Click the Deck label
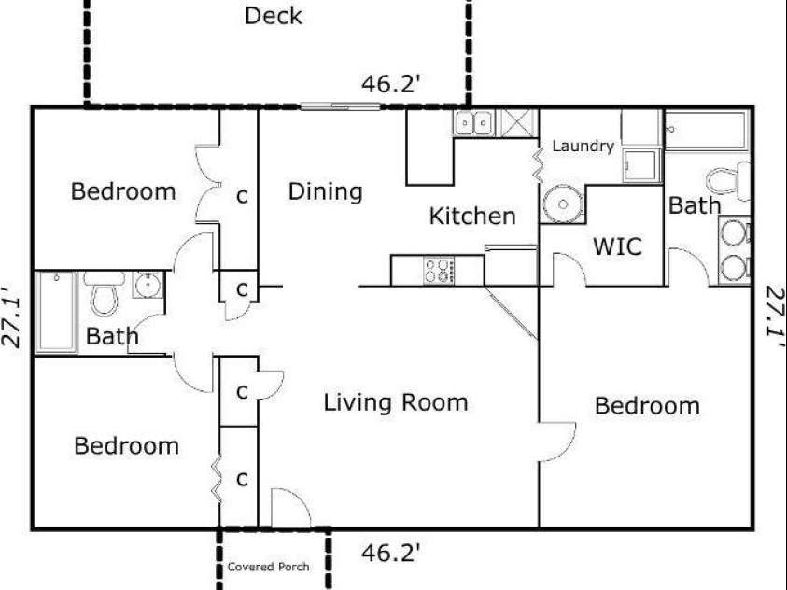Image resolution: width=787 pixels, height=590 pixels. [273, 16]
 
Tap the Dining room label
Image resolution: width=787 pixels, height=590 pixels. [325, 192]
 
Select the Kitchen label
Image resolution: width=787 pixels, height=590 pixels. [472, 217]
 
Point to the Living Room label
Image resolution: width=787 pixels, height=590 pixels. [396, 403]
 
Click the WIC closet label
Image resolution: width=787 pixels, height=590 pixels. [617, 246]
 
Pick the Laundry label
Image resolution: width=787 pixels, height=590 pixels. [583, 146]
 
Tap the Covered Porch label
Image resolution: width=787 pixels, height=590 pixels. [268, 567]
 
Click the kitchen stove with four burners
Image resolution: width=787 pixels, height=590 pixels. [439, 271]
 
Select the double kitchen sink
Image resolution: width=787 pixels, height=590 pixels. [473, 123]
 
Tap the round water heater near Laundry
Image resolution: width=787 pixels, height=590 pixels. [563, 204]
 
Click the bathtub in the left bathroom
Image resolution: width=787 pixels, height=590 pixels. [56, 312]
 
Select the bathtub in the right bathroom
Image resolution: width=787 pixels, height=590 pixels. [707, 130]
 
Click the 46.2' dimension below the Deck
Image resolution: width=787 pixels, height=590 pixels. [390, 84]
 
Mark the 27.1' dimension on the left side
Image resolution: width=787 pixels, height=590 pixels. [11, 317]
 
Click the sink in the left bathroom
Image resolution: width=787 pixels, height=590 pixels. [148, 285]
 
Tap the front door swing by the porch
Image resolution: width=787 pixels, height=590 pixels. [291, 507]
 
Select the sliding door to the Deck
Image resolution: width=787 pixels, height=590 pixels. [341, 106]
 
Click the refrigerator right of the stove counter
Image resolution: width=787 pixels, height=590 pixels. [511, 266]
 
